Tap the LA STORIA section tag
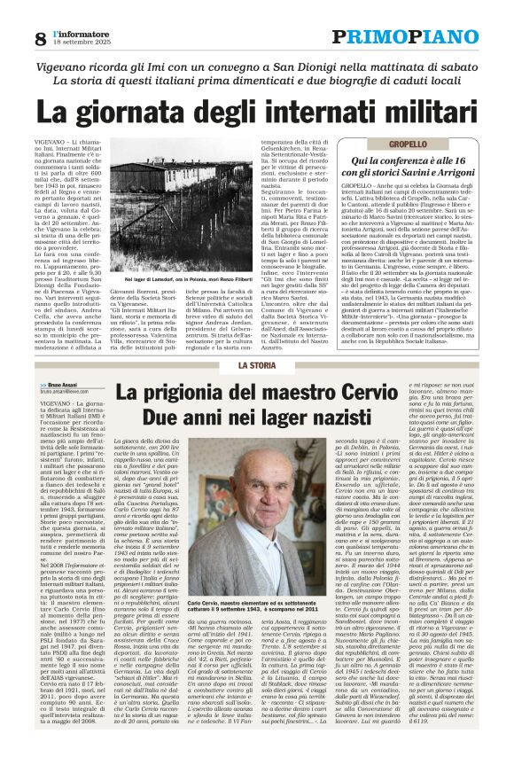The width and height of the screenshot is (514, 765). (x=257, y=365)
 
